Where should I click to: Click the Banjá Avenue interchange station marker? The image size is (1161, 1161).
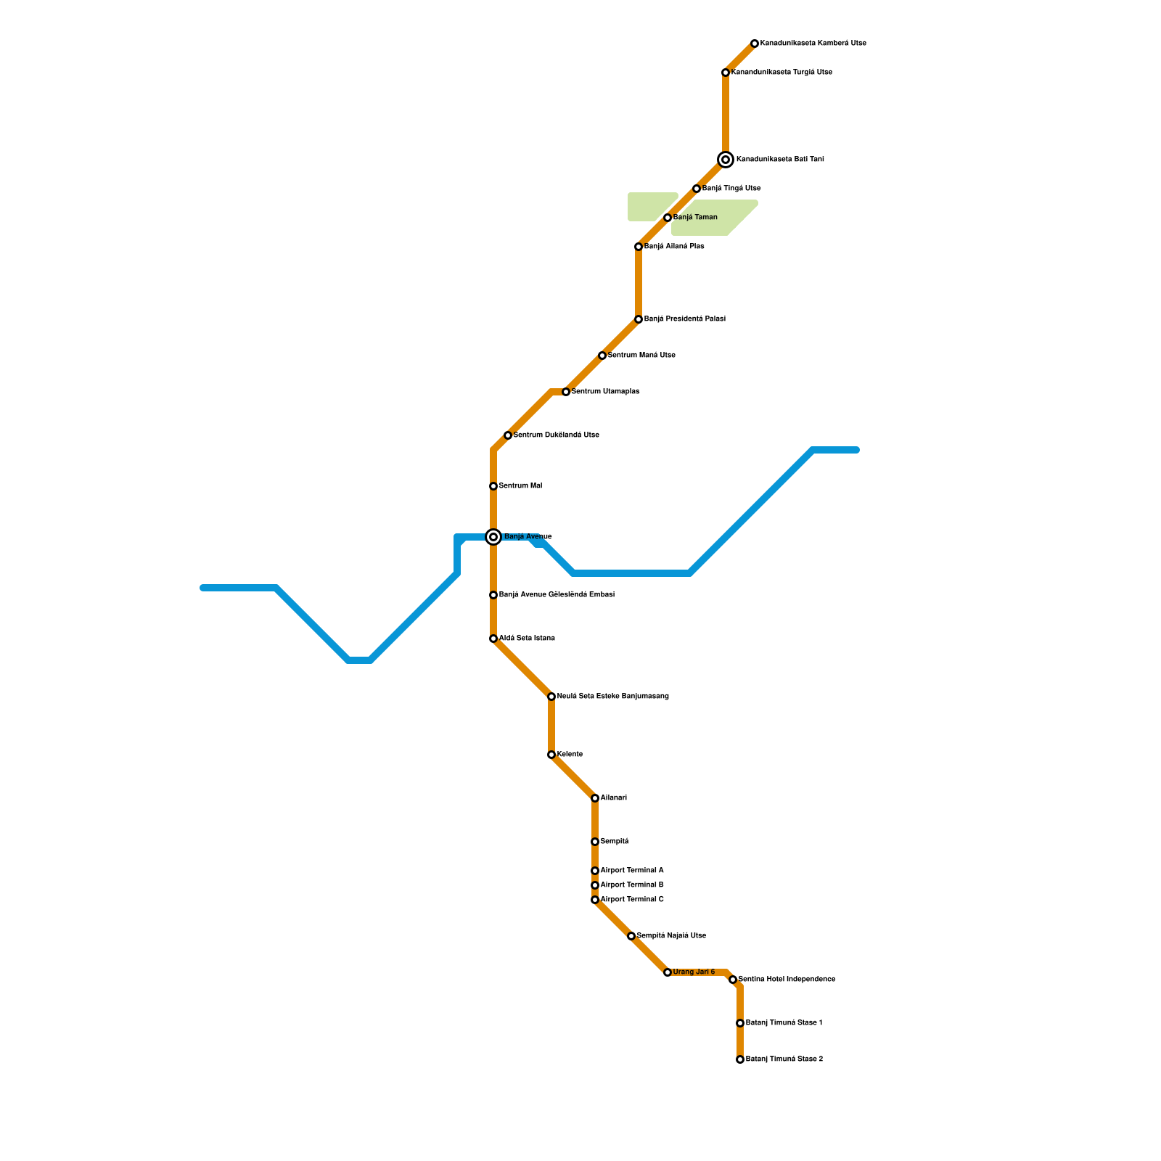(493, 537)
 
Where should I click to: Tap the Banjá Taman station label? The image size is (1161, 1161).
(695, 218)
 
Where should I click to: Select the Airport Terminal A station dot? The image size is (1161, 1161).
(595, 871)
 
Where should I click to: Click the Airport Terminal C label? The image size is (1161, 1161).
(632, 900)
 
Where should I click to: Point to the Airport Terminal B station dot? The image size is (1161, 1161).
(595, 885)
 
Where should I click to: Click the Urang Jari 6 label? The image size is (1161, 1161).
(694, 972)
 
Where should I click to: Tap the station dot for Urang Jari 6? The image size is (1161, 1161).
(668, 972)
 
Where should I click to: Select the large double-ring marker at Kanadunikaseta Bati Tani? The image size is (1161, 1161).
(726, 160)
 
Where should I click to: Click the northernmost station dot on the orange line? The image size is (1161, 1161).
(755, 44)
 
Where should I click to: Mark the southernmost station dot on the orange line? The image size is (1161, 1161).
(740, 1059)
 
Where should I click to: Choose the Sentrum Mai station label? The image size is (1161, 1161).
(520, 486)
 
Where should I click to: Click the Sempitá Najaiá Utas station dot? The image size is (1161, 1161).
(631, 936)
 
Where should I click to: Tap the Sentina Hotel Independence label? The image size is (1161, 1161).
(787, 980)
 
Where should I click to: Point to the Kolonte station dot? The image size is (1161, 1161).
(551, 755)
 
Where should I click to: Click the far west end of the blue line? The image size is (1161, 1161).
(204, 588)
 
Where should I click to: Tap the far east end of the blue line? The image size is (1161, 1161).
(856, 450)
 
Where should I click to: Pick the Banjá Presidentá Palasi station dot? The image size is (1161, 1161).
(639, 319)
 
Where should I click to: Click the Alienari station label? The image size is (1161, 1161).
(613, 798)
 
